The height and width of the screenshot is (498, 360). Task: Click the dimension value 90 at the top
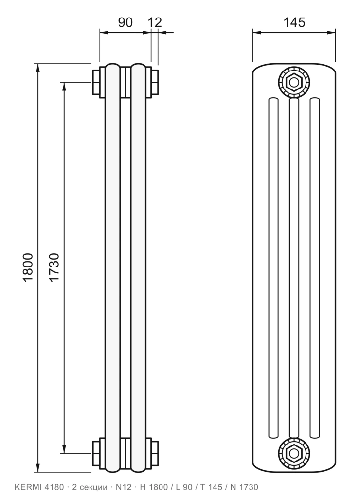pos(125,22)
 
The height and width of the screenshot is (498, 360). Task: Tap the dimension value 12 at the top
pos(155,22)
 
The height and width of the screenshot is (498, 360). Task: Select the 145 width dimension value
pos(294,22)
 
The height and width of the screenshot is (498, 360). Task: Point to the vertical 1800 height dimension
pos(28,267)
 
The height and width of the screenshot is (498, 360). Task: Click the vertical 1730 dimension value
pos(54,267)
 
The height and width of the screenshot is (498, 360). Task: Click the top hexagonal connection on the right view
pos(294,82)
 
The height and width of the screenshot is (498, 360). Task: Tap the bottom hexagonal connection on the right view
pos(294,453)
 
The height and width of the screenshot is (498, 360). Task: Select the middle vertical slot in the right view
pos(294,268)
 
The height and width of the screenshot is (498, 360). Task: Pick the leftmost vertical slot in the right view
pos(273,268)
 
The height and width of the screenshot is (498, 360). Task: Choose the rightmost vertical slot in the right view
pos(315,268)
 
